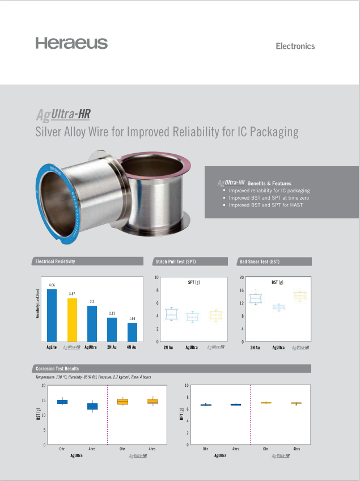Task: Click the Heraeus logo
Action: coord(71,43)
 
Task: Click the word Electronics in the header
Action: coord(295,46)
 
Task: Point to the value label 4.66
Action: coord(52,284)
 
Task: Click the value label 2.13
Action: coord(112,313)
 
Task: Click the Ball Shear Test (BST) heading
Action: coord(259,261)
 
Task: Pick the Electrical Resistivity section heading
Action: coord(55,261)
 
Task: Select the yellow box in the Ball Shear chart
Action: coord(299,295)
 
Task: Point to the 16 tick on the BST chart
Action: coord(242,290)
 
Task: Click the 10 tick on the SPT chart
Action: coord(156,278)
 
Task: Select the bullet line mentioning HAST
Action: coord(265,205)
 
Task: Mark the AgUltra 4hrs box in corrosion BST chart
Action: coord(92,406)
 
